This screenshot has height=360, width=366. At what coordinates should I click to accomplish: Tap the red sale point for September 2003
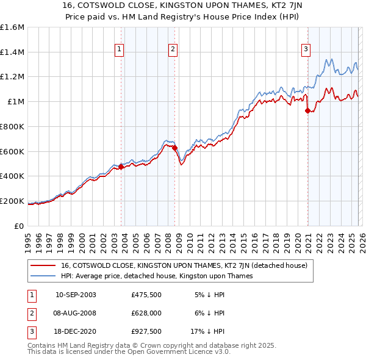[x=121, y=166]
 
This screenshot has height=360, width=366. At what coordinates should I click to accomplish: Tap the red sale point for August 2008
[x=174, y=147]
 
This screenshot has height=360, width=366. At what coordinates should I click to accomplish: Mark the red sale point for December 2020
[x=307, y=110]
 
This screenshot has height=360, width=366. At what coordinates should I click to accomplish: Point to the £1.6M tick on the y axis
[x=12, y=27]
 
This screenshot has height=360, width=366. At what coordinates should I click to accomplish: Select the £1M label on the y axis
[x=16, y=101]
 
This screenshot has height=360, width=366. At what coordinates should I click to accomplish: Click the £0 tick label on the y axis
[x=20, y=226]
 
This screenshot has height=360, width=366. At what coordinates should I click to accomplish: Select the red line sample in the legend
[x=43, y=265]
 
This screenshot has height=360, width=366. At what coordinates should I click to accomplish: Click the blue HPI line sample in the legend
[x=43, y=276]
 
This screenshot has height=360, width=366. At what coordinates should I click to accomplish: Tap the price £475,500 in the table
[x=147, y=295]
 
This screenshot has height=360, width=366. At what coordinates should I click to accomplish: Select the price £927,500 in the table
[x=147, y=331]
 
